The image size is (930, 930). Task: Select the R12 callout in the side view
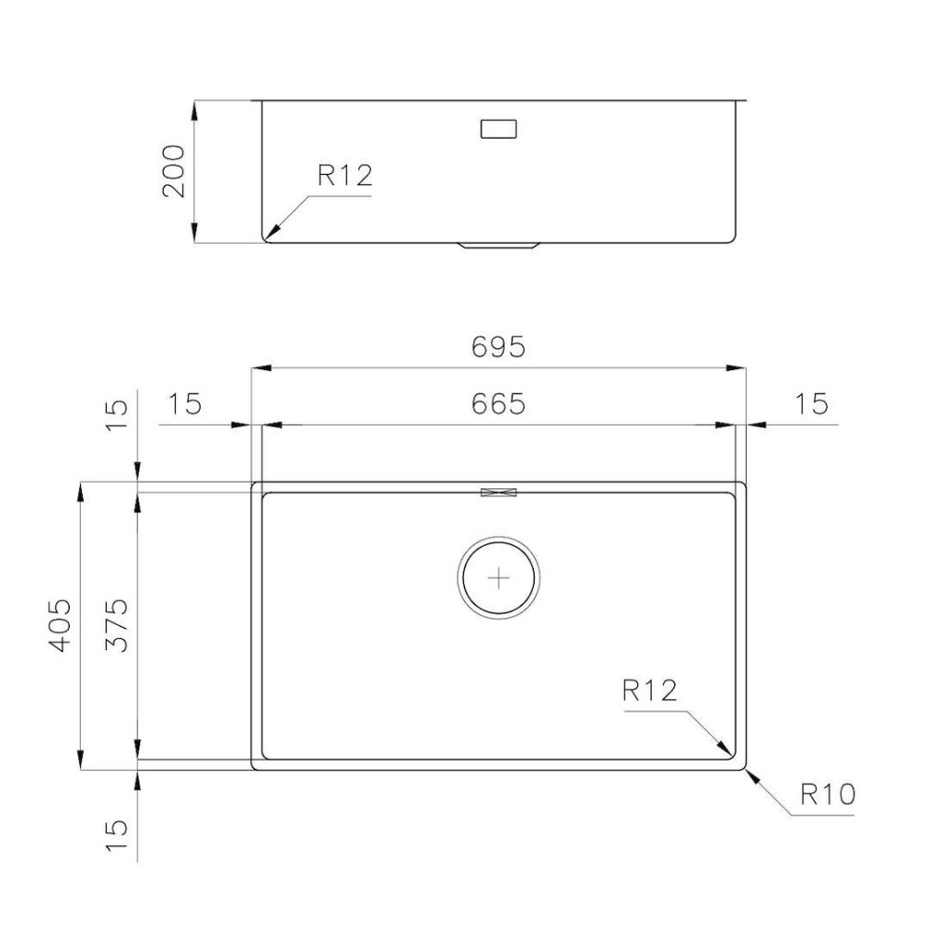pyautogui.click(x=344, y=176)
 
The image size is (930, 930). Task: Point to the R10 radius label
pyautogui.click(x=827, y=795)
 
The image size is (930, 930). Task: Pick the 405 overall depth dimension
pyautogui.click(x=60, y=625)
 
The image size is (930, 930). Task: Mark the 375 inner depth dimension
pyautogui.click(x=117, y=625)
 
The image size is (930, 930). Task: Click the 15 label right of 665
pyautogui.click(x=811, y=404)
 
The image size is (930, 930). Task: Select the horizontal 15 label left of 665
pyautogui.click(x=185, y=404)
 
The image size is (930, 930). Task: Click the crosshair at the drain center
pyautogui.click(x=499, y=578)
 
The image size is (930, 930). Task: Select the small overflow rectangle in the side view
pyautogui.click(x=498, y=128)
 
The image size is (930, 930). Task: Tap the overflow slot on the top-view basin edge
pyautogui.click(x=498, y=492)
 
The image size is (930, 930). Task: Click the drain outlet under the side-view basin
pyautogui.click(x=498, y=246)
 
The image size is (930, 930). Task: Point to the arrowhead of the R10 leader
pyautogui.click(x=748, y=773)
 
